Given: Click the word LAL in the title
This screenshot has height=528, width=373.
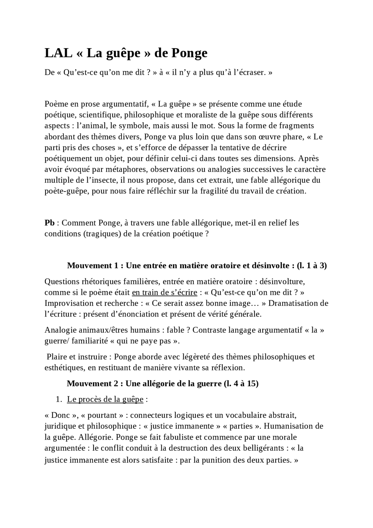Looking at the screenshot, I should tap(58, 53).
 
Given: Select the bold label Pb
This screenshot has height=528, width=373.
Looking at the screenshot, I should tap(49, 223).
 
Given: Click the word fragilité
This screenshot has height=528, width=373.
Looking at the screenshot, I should tap(219, 191).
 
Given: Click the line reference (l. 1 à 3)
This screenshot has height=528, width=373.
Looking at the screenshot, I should tap(312, 266).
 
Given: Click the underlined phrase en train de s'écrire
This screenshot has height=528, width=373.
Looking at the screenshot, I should tap(164, 292).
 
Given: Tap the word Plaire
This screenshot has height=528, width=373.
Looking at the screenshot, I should tap(56, 357).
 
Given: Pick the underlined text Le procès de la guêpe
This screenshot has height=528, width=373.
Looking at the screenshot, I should tap(105, 399).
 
